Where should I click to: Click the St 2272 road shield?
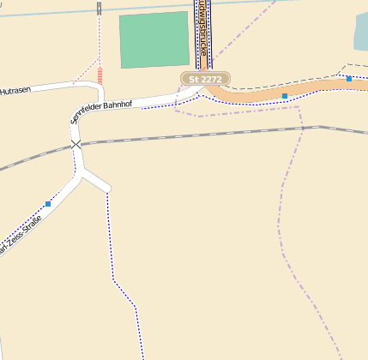click(205, 79)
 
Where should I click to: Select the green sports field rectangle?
click(154, 39)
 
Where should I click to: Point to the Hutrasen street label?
click(15, 90)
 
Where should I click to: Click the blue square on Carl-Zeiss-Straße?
click(48, 204)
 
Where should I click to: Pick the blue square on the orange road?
click(285, 96)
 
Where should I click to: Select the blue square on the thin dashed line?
click(349, 79)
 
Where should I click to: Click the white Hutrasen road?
click(60, 86)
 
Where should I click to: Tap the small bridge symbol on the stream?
click(100, 9)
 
